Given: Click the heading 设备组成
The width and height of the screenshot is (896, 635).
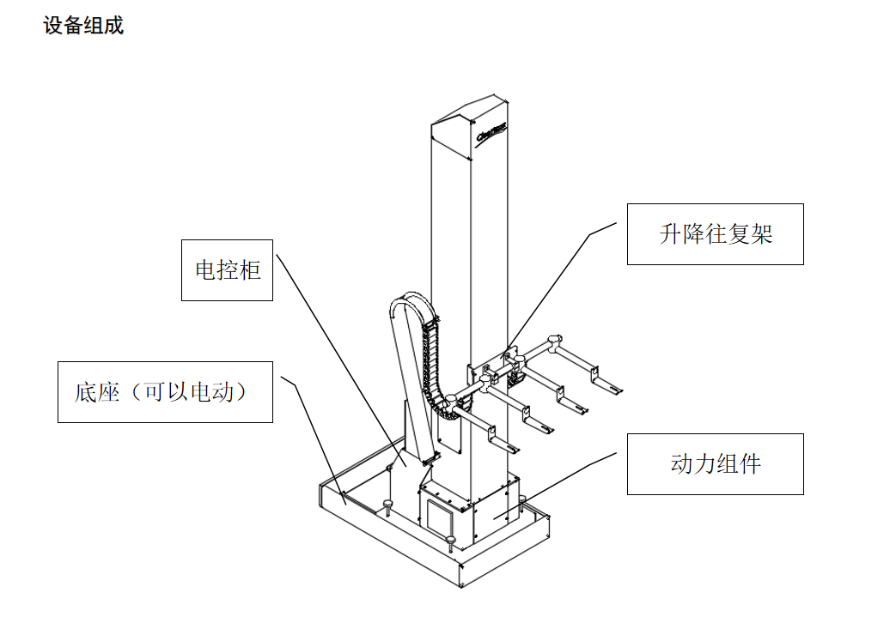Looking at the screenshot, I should (83, 26).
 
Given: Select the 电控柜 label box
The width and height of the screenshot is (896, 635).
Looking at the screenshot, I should (227, 270).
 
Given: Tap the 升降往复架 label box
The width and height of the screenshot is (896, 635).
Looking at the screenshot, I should (715, 234).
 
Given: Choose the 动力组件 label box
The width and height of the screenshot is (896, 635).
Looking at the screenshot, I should (715, 464).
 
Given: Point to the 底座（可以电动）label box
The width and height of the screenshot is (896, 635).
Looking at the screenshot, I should (165, 392).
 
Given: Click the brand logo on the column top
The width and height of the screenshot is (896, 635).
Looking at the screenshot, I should (491, 130).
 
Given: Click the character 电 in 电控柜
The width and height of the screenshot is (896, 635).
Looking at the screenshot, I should (206, 270).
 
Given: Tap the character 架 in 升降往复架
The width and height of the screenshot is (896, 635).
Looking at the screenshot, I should (762, 234).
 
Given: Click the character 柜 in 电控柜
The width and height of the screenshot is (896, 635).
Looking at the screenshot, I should (249, 270).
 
